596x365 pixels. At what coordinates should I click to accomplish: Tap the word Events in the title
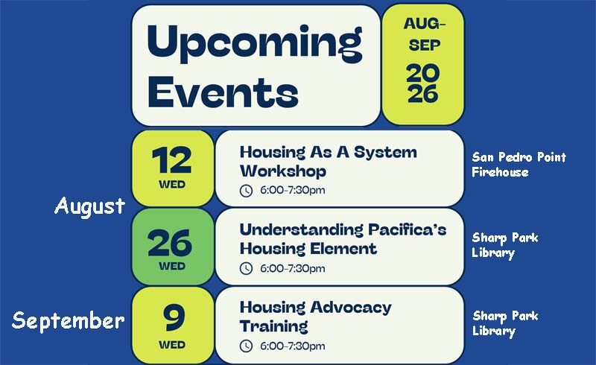tap(223, 92)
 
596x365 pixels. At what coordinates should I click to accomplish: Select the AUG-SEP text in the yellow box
tap(424, 34)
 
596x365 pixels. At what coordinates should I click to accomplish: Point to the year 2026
tap(423, 83)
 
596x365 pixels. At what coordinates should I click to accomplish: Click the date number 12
tap(171, 160)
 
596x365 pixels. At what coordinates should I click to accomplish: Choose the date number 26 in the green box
tap(170, 243)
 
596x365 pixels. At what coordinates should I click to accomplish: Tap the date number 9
tap(174, 317)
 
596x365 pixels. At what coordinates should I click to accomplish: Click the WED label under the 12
tap(172, 185)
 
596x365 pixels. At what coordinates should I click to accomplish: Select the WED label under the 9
tap(172, 345)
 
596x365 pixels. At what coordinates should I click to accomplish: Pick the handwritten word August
tap(89, 207)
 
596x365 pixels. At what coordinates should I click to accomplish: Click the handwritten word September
tap(69, 320)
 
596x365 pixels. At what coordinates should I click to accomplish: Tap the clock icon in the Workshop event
tap(246, 191)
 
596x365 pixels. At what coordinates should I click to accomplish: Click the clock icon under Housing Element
tap(246, 268)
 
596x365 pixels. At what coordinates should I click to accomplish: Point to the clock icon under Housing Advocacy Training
tap(246, 346)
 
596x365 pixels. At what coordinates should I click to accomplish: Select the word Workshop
tap(283, 171)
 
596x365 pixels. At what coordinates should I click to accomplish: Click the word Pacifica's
tap(407, 229)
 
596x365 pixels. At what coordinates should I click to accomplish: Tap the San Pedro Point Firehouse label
tap(519, 165)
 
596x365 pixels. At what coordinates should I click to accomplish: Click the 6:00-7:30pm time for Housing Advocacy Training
tap(292, 346)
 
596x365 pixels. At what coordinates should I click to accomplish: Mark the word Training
tap(274, 326)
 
